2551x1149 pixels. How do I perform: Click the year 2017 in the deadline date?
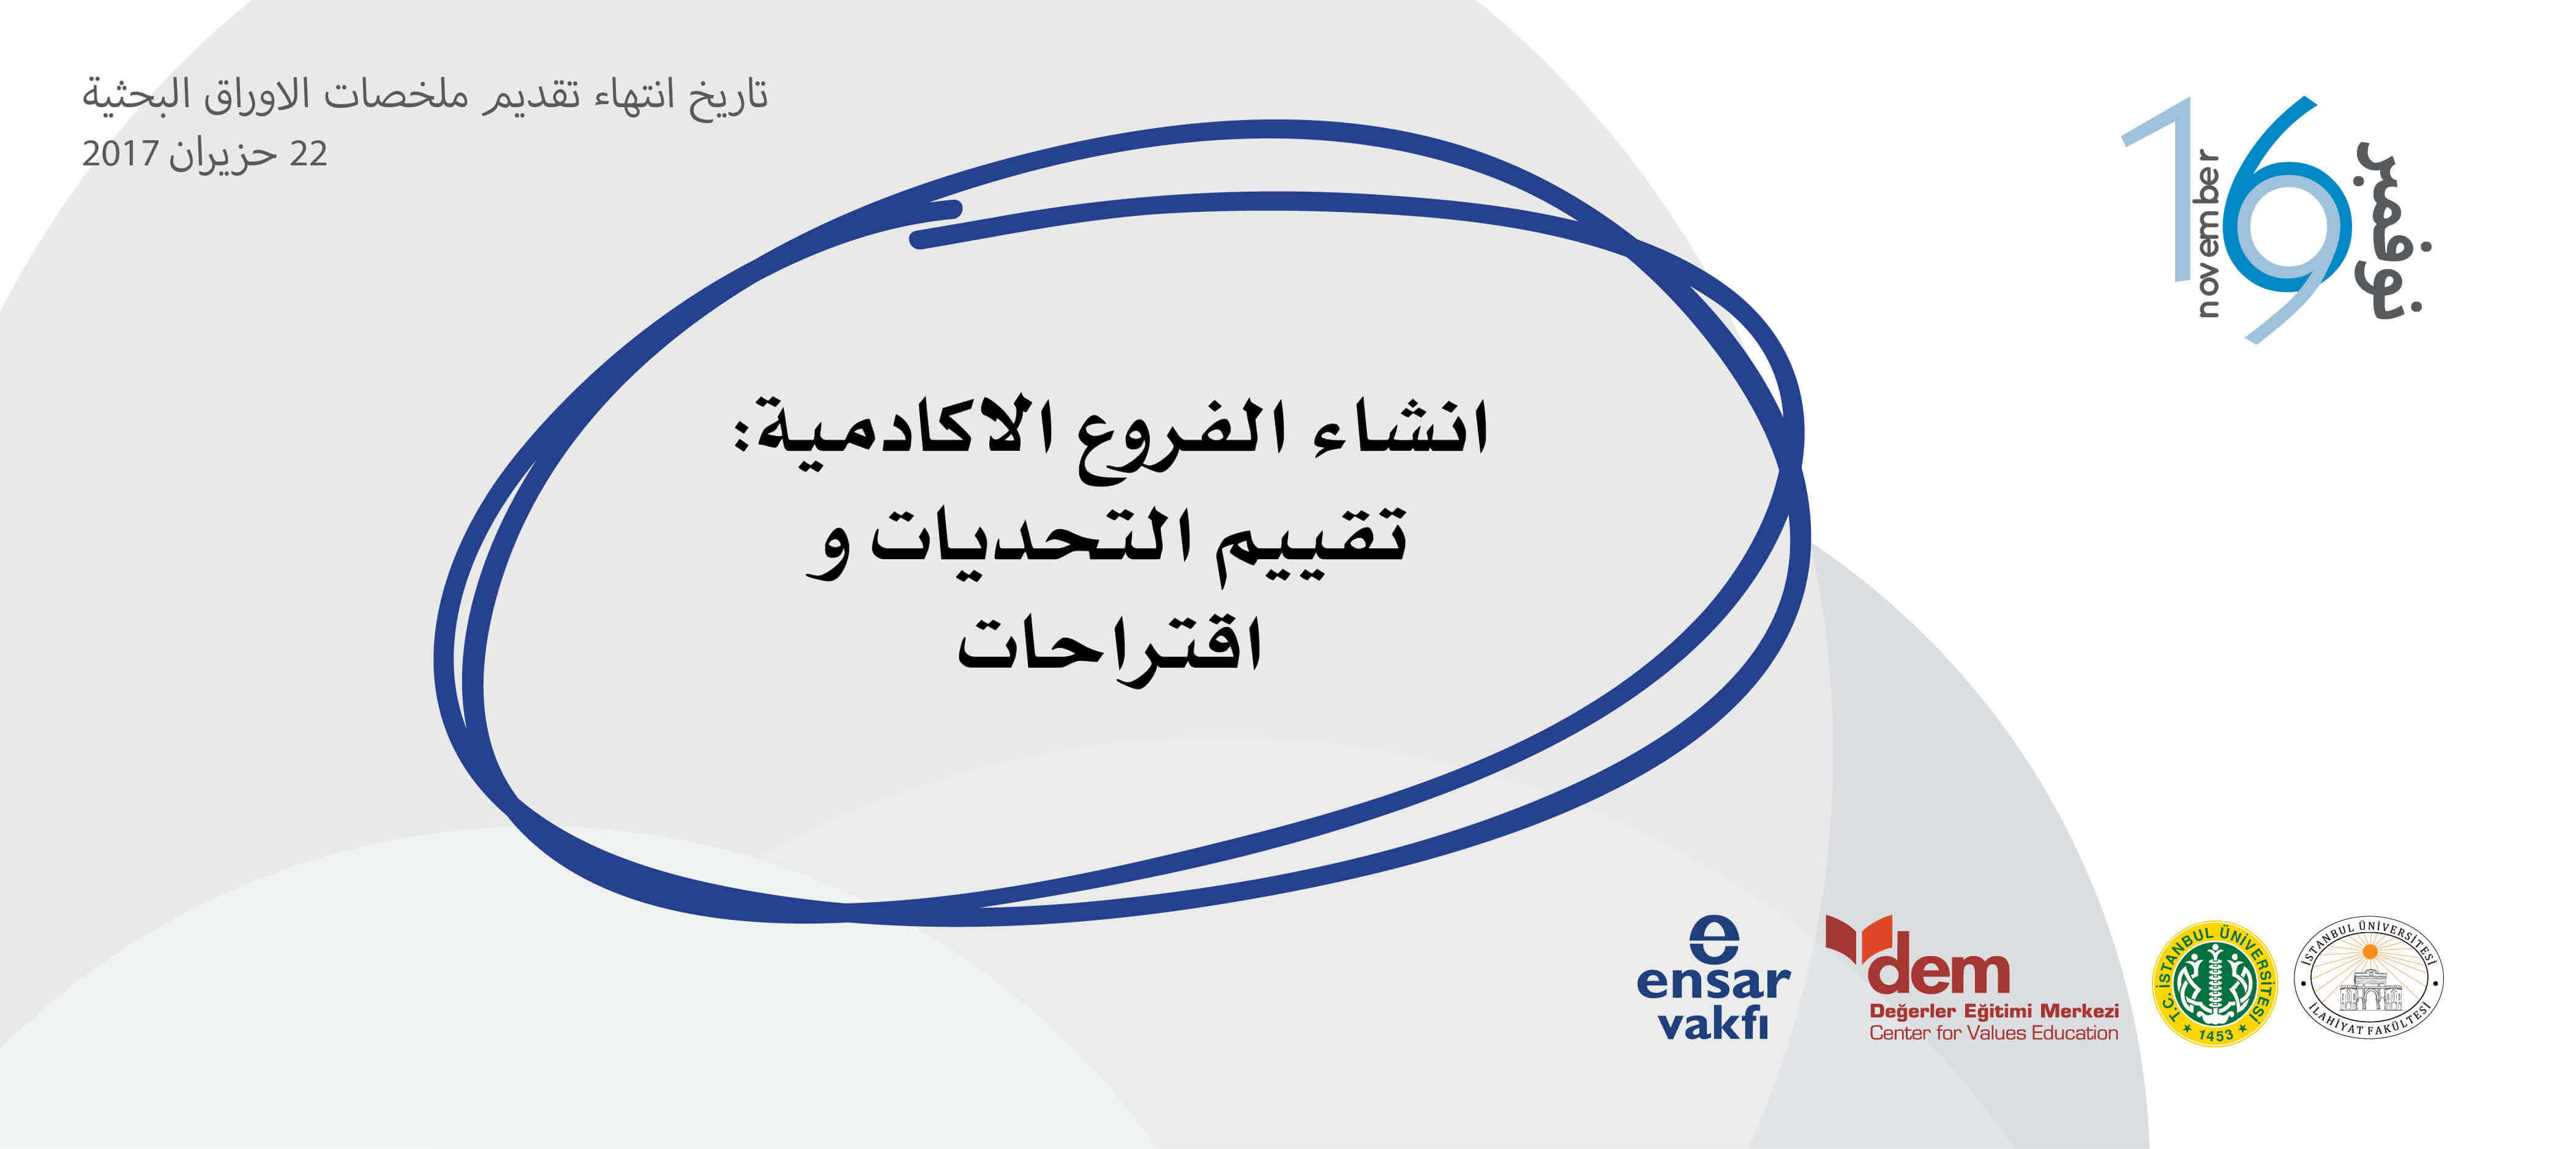[120, 154]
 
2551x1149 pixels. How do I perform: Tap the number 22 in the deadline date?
[308, 154]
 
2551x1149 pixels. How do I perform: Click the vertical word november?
[2208, 233]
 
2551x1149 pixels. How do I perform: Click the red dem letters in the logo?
[1938, 973]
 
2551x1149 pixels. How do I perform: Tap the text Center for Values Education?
[1993, 1033]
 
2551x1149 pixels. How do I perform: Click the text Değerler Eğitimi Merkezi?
[1993, 1011]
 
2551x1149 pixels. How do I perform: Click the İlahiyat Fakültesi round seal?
[2369, 978]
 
